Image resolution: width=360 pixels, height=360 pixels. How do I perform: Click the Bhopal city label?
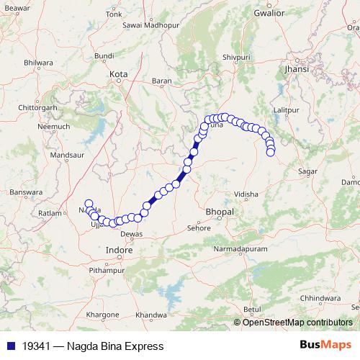(x=220, y=213)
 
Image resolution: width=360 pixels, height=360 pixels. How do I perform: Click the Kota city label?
(x=117, y=73)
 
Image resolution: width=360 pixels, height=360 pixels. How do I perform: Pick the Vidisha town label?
(x=246, y=194)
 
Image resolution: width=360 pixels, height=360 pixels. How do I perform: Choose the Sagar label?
(x=307, y=171)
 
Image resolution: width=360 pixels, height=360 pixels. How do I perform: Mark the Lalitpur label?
(x=286, y=109)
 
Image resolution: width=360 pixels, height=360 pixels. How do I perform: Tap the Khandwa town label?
(x=150, y=315)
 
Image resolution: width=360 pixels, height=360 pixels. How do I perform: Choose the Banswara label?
(x=23, y=192)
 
